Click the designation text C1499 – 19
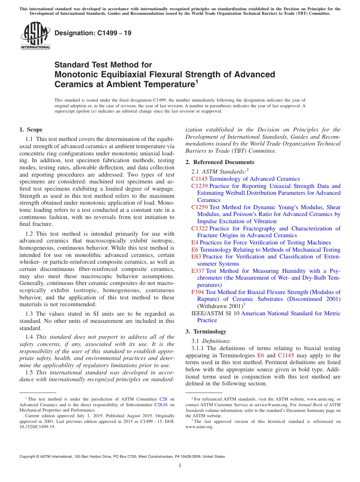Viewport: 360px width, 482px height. pos(93,33)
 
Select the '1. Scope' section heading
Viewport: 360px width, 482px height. pos(31,130)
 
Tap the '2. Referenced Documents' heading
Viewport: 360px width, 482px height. pos(214,162)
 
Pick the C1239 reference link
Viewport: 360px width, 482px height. pos(199,186)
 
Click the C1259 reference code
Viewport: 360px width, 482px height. pos(199,207)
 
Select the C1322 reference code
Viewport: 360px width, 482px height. pos(199,228)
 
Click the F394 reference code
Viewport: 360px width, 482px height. pos(198,292)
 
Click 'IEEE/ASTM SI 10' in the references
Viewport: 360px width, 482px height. pos(215,313)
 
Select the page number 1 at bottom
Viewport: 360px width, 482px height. pos(180,466)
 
